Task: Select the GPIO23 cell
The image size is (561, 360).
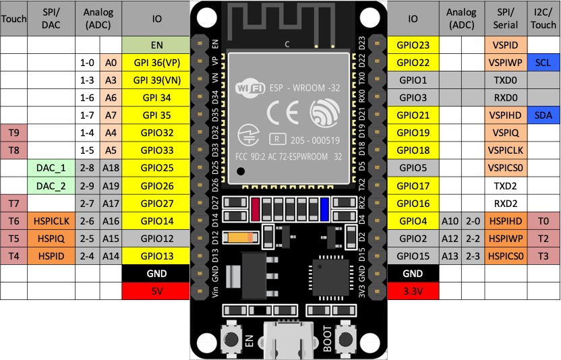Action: (413, 45)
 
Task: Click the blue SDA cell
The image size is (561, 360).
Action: (543, 115)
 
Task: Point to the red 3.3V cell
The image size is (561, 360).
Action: (413, 291)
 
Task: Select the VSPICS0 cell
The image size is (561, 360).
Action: (506, 168)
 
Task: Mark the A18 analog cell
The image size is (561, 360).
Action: (111, 168)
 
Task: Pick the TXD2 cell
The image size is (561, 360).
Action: (506, 185)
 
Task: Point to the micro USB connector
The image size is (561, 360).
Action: (289, 343)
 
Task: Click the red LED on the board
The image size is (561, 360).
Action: (256, 208)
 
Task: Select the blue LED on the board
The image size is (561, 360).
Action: (324, 208)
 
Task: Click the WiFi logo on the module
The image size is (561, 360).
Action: (248, 88)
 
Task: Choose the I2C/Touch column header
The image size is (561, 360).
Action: (543, 19)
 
